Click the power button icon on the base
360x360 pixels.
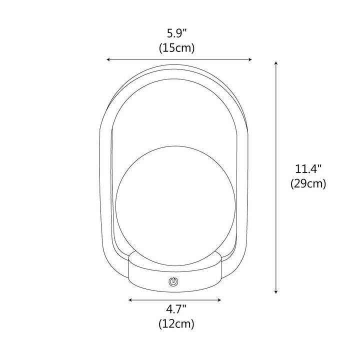click(173, 281)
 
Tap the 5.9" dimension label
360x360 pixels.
click(176, 34)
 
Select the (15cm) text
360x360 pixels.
click(176, 48)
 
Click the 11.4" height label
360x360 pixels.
click(308, 169)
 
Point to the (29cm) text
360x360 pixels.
click(308, 183)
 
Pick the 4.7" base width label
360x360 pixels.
click(176, 309)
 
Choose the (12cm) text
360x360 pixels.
click(176, 323)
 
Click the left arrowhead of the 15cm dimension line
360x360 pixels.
click(108, 59)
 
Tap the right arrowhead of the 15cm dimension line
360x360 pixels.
click(250, 59)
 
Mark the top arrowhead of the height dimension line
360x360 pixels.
click(276, 63)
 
